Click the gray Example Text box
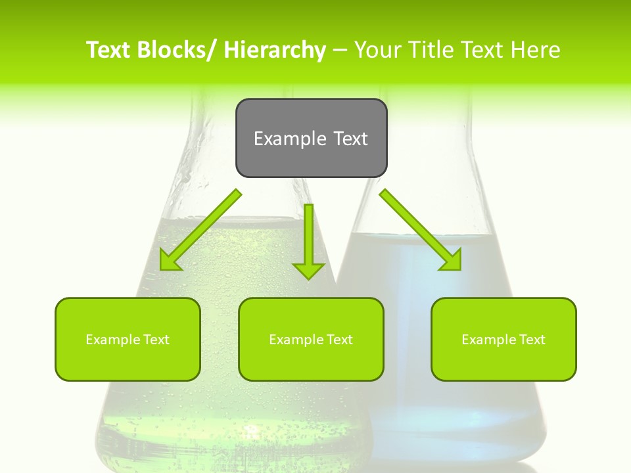pyautogui.click(x=311, y=138)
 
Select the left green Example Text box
pyautogui.click(x=128, y=339)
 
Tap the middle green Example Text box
pyautogui.click(x=311, y=339)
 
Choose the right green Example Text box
pyautogui.click(x=503, y=339)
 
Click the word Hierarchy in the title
pyautogui.click(x=275, y=50)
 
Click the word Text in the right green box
pyautogui.click(x=532, y=340)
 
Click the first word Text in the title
pyautogui.click(x=109, y=50)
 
